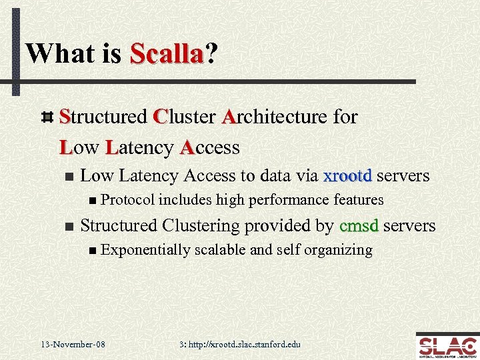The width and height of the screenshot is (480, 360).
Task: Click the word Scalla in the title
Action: [x=166, y=53]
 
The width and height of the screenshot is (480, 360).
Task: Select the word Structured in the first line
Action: [x=103, y=117]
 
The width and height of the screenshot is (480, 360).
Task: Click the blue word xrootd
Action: [x=347, y=176]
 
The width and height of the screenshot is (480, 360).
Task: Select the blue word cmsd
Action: [x=359, y=226]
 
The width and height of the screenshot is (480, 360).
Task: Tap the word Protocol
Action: [x=129, y=200]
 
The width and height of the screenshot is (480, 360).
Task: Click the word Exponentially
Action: [x=145, y=250]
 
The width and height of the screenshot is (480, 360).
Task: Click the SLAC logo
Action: [x=446, y=345]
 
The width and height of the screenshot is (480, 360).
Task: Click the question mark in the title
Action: [x=211, y=53]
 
